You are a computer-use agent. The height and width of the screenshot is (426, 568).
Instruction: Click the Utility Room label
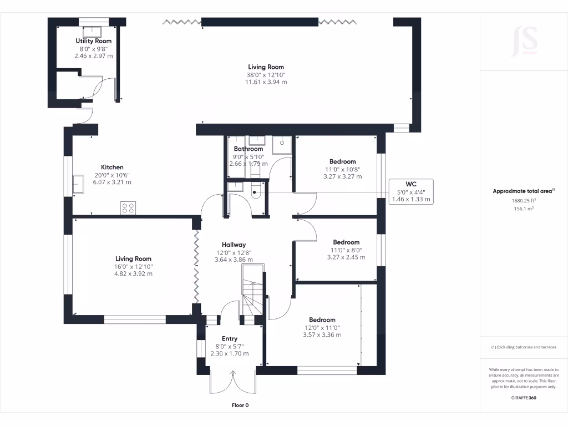pyautogui.click(x=93, y=41)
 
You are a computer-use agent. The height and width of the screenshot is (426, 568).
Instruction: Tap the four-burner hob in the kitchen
pyautogui.click(x=128, y=208)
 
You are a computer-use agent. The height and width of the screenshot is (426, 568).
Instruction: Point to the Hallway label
pyautogui.click(x=234, y=245)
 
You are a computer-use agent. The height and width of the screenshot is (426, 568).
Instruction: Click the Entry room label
pyautogui.click(x=230, y=339)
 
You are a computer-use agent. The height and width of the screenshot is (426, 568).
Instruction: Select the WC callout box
pyautogui.click(x=411, y=191)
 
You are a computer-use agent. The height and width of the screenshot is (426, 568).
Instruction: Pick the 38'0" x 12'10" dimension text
pyautogui.click(x=266, y=75)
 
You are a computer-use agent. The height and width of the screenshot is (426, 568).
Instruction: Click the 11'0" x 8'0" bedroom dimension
pyautogui.click(x=346, y=250)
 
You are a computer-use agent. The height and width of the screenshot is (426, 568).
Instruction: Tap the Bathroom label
pyautogui.click(x=248, y=149)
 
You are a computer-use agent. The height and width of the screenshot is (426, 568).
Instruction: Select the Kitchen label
pyautogui.click(x=112, y=168)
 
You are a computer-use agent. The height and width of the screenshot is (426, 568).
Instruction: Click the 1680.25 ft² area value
pyautogui.click(x=524, y=201)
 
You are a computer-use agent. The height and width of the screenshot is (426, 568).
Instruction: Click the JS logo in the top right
pyautogui.click(x=524, y=40)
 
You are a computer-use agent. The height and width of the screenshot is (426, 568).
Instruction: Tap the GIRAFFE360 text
pyautogui.click(x=524, y=398)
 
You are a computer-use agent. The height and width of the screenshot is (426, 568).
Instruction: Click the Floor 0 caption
pyautogui.click(x=240, y=405)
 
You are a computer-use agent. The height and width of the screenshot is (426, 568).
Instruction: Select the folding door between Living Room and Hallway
pyautogui.click(x=196, y=266)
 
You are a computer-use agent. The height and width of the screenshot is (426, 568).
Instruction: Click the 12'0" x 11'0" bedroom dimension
pyautogui.click(x=322, y=328)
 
